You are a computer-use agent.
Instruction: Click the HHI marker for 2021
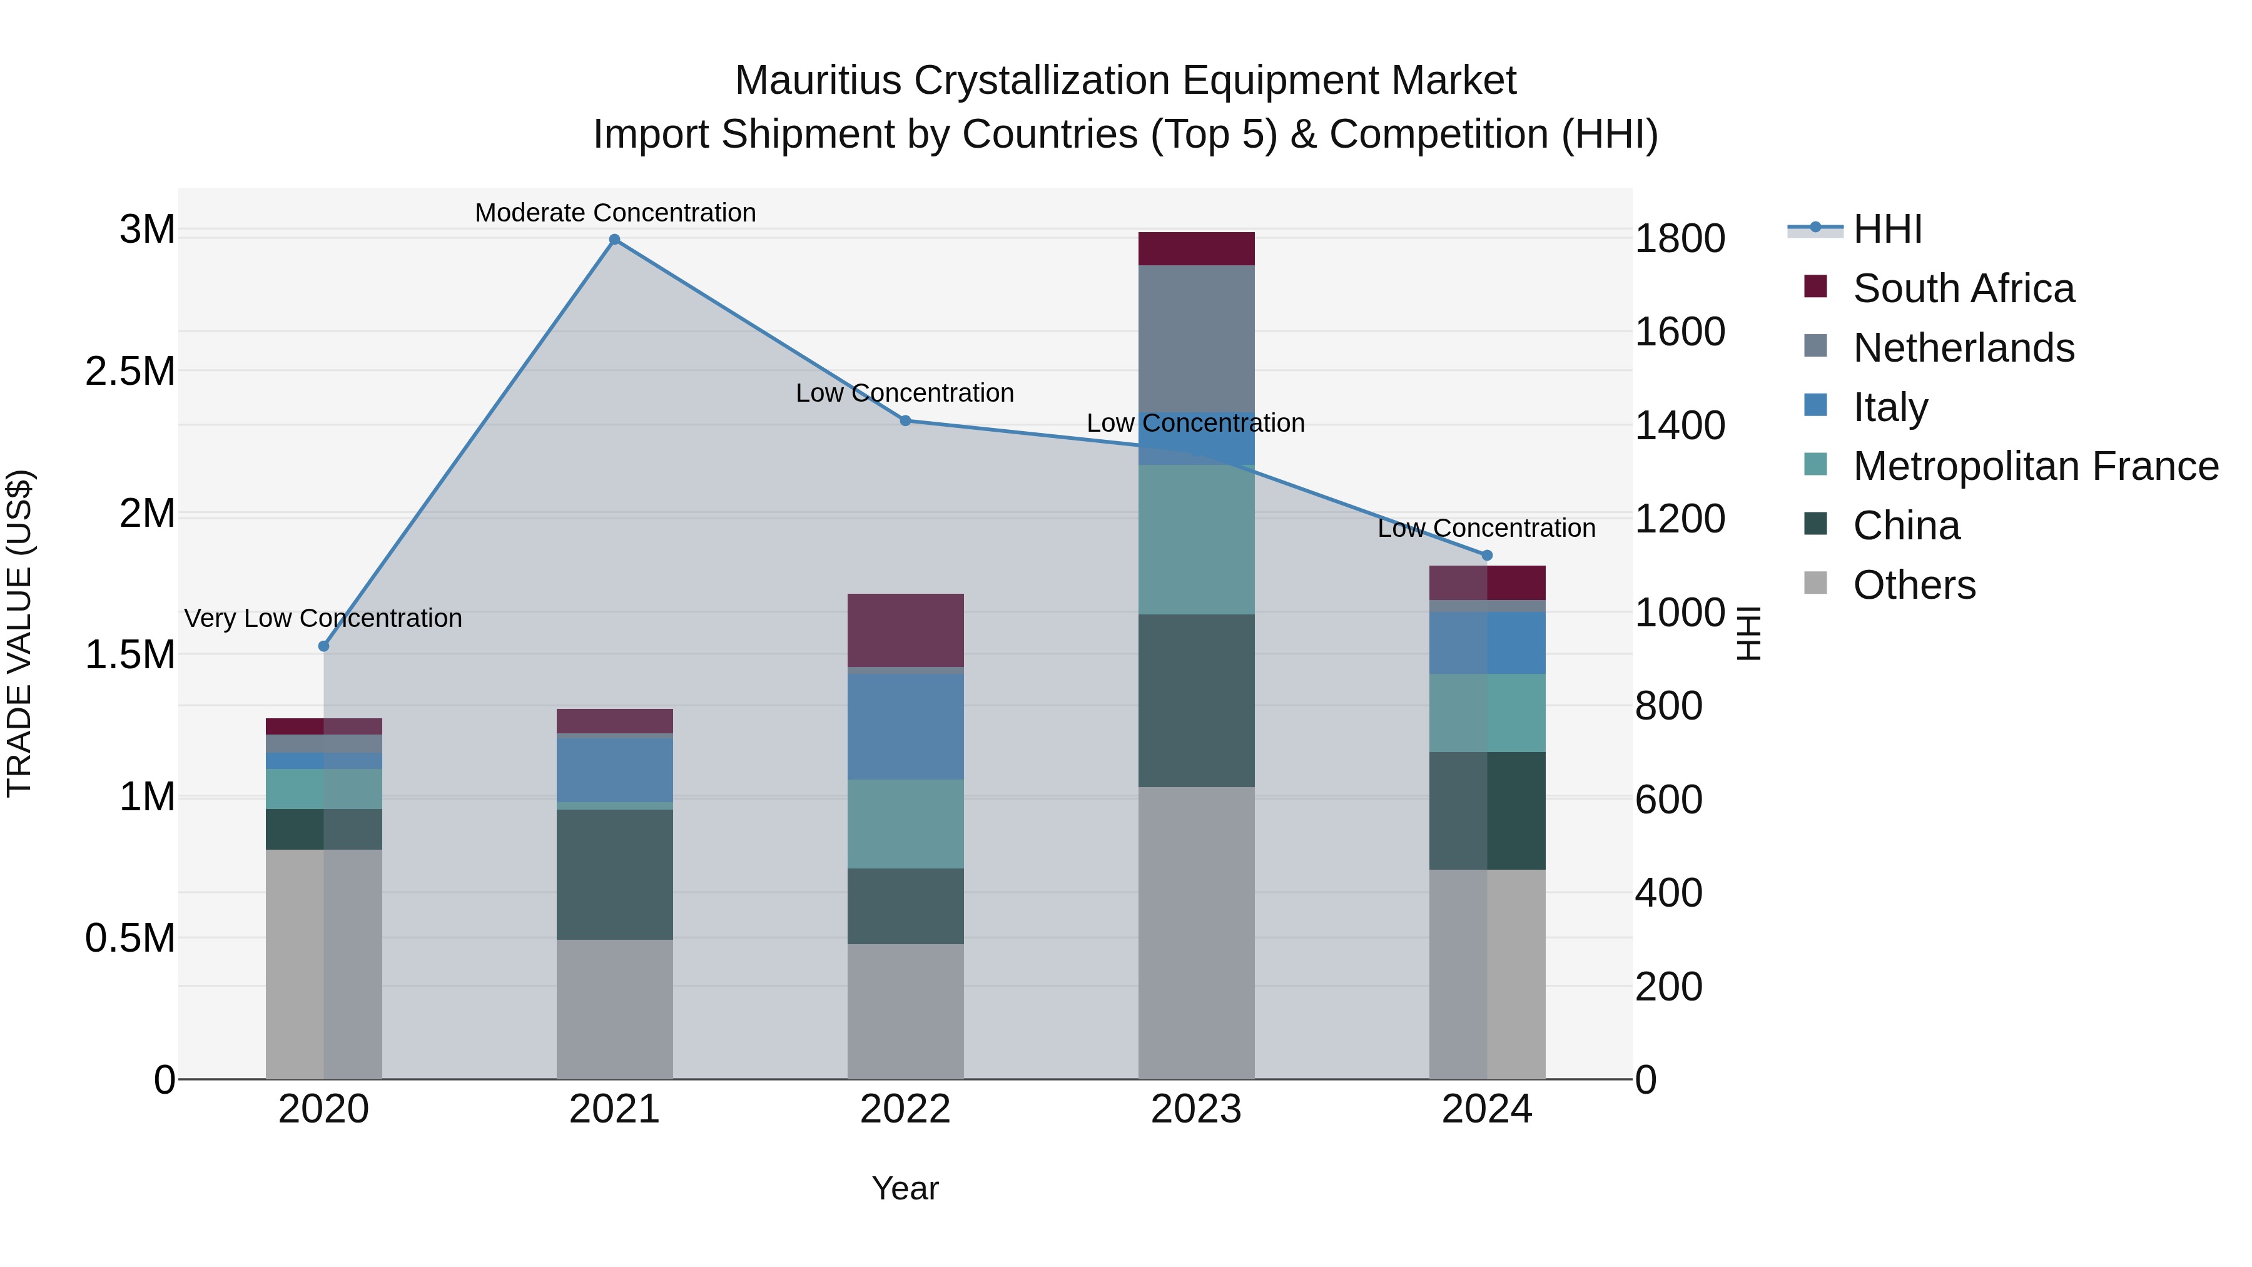[x=614, y=240]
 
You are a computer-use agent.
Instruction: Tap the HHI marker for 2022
[x=906, y=420]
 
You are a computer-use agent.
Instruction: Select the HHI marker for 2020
[x=323, y=646]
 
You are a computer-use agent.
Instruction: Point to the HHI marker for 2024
[x=1487, y=555]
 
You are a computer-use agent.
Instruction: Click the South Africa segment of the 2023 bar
[x=1196, y=249]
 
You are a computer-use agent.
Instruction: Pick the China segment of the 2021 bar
[x=614, y=875]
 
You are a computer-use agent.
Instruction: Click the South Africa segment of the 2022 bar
[x=906, y=631]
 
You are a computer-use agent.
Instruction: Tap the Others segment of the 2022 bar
[x=906, y=1011]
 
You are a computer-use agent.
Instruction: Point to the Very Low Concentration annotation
[x=323, y=618]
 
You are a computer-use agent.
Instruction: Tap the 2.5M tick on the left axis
[x=130, y=372]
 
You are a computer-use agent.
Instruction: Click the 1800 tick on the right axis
[x=1680, y=239]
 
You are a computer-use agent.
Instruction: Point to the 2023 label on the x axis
[x=1196, y=1109]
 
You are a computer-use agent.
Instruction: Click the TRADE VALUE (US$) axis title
[x=20, y=633]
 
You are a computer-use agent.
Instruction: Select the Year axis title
[x=905, y=1188]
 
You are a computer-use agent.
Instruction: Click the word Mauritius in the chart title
[x=818, y=81]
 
